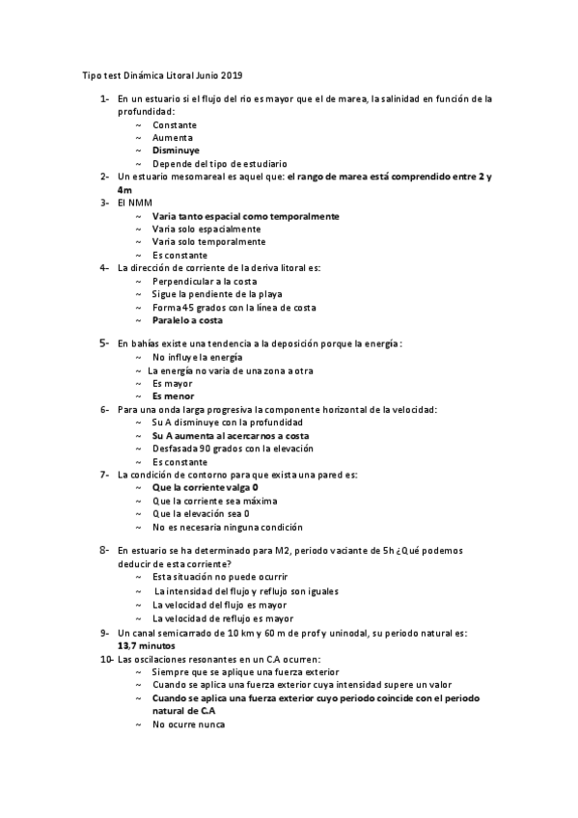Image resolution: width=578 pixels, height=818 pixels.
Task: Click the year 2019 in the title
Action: click(245, 74)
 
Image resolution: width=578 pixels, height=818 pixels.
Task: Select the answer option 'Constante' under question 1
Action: click(175, 125)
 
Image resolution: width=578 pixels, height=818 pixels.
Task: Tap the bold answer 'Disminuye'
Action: click(177, 151)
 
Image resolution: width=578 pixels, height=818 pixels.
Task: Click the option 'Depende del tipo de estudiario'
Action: click(219, 164)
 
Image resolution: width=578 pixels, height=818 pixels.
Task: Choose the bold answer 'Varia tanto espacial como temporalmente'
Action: click(245, 216)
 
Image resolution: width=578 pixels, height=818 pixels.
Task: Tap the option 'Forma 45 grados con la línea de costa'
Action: click(234, 307)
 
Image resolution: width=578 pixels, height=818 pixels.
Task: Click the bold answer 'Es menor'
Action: click(173, 396)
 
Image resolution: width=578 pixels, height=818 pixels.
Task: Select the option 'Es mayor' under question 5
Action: click(172, 384)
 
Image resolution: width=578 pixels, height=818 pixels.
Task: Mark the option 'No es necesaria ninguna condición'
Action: click(228, 527)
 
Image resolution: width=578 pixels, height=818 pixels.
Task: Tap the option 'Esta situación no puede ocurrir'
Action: click(219, 579)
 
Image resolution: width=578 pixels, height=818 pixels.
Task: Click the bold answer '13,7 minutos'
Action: click(147, 645)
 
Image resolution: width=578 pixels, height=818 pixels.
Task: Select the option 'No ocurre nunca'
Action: click(189, 723)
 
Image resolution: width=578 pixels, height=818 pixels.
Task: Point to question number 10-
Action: click(106, 659)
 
